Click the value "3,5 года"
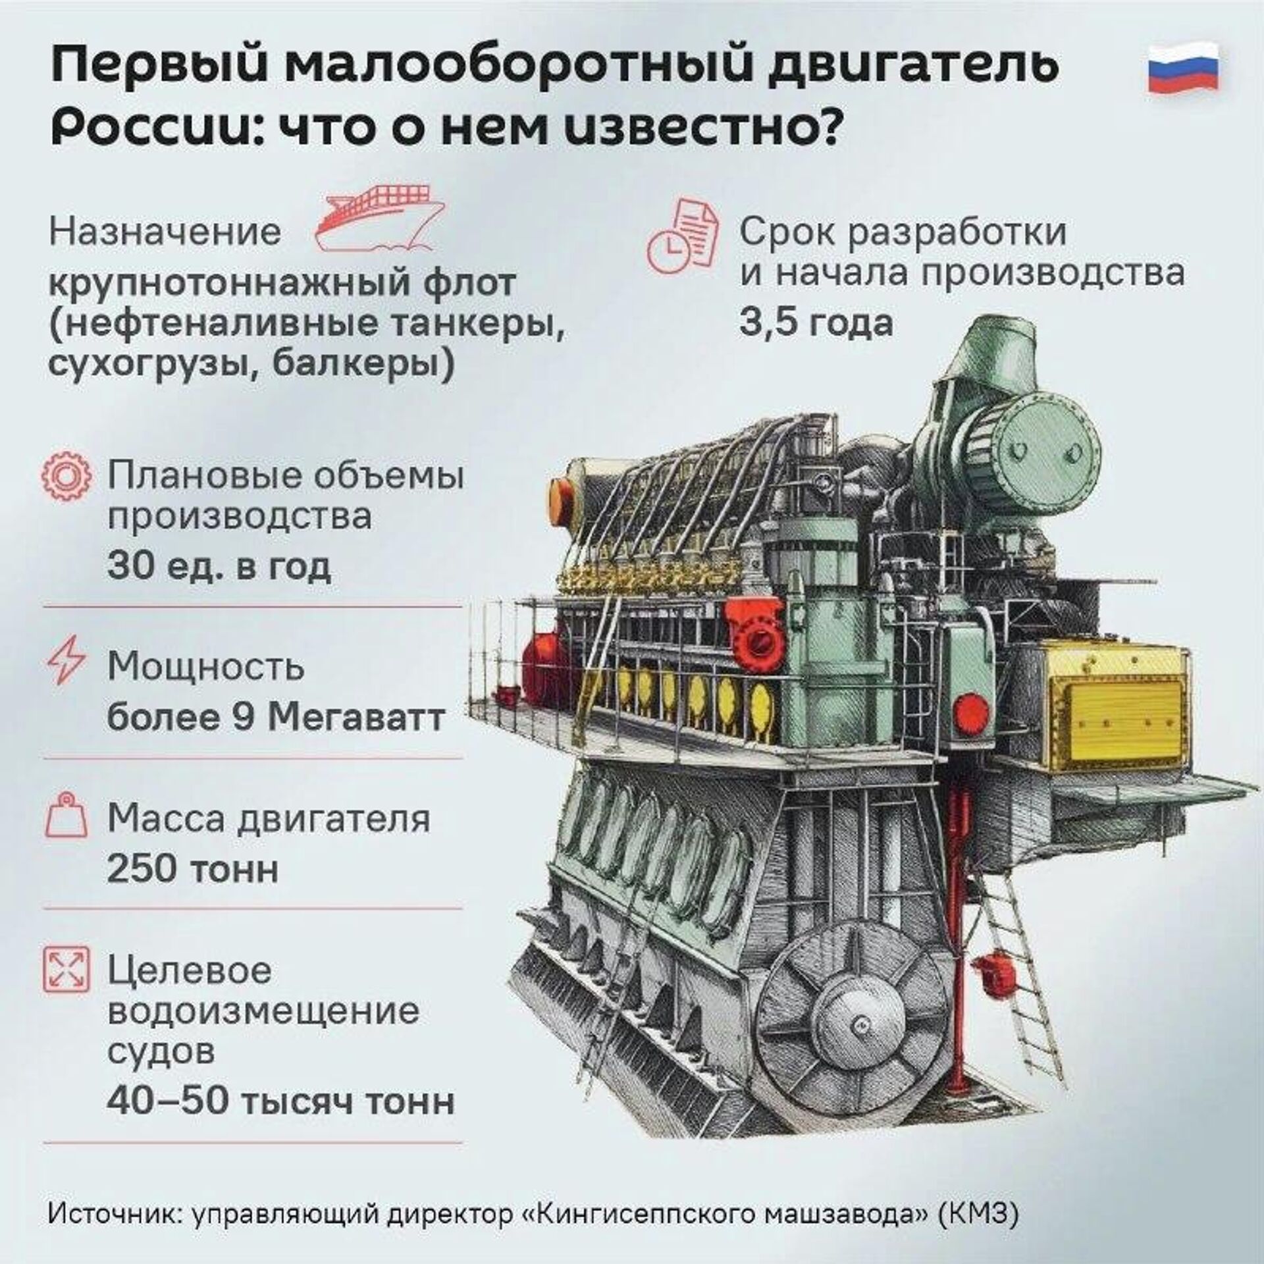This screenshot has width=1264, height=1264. click(x=816, y=322)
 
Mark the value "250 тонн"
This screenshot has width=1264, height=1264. click(x=193, y=870)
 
